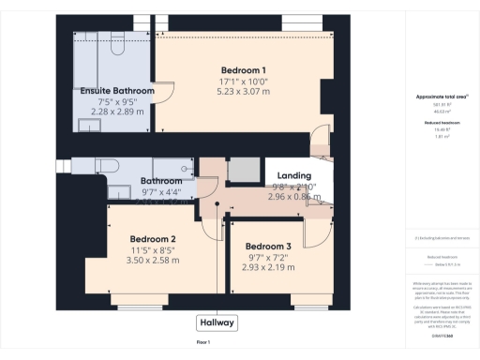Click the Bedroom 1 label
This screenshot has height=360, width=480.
pos(244,70)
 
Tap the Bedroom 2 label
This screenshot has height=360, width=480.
pos(153,239)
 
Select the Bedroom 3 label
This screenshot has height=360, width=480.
pos(269,247)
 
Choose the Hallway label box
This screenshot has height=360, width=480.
pos(217,322)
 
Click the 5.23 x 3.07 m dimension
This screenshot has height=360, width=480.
pos(244,92)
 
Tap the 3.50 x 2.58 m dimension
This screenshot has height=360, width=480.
pos(153,262)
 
